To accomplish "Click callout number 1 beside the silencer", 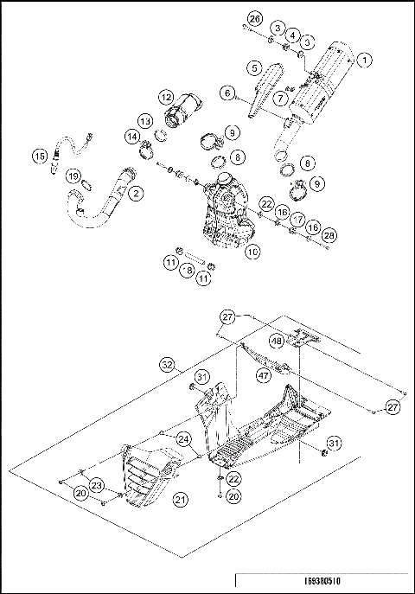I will (x=366, y=60).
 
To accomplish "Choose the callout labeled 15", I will (x=40, y=156).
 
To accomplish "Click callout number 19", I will (x=74, y=176).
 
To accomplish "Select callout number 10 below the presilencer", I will (x=252, y=252).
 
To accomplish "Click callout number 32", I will (x=167, y=363).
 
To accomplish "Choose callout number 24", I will (x=183, y=439).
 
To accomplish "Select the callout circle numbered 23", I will (x=97, y=485).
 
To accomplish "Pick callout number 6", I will (x=228, y=92).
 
